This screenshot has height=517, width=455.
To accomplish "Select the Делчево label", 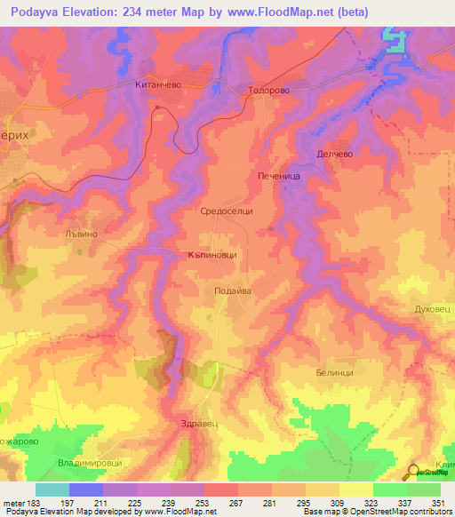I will [335, 154].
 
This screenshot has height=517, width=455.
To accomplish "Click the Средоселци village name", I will [227, 211].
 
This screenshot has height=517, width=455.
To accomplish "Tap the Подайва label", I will [235, 290].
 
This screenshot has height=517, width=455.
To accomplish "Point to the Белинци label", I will [335, 373].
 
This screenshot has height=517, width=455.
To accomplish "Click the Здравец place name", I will [198, 423].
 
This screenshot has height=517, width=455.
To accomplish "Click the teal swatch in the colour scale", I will [52, 489].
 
